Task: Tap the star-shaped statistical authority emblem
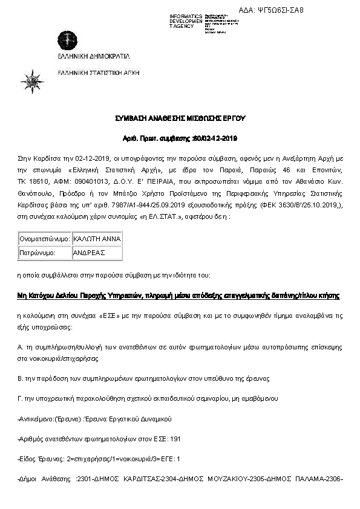click(31, 80)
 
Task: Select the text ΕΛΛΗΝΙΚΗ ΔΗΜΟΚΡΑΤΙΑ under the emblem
click(94, 56)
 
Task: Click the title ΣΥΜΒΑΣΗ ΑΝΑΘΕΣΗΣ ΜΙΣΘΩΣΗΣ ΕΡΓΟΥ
click(180, 118)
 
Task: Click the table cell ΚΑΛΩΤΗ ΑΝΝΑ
click(96, 239)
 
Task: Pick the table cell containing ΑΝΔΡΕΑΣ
click(90, 252)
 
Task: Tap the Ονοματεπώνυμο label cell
click(45, 239)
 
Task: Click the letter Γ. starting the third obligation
click(21, 398)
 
